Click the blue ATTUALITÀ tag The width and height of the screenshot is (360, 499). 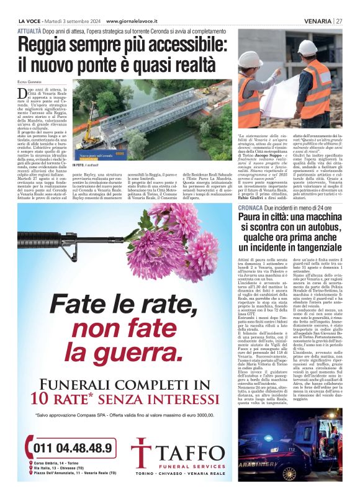(30, 29)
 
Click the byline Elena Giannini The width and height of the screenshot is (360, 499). (30, 81)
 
